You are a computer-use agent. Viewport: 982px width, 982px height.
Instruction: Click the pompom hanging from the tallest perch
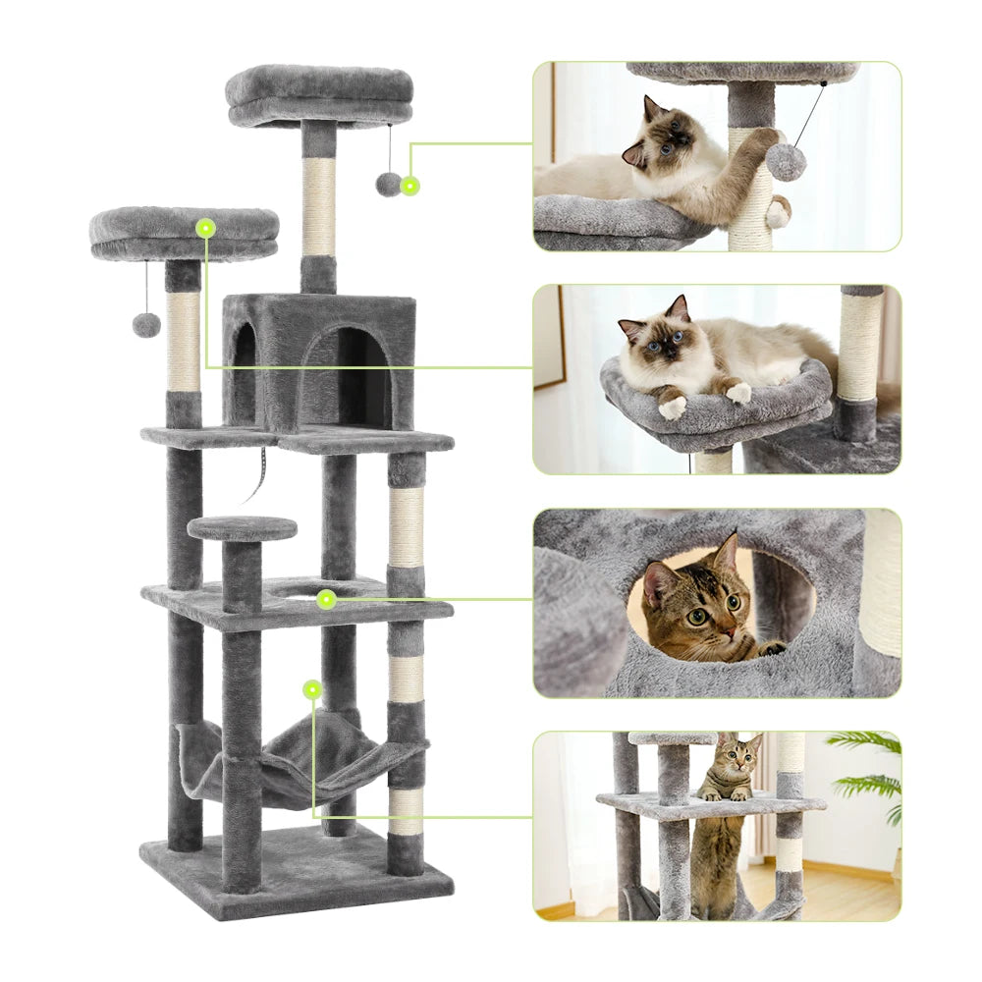pyautogui.click(x=389, y=184)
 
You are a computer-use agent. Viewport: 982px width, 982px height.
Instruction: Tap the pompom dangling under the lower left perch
pyautogui.click(x=146, y=325)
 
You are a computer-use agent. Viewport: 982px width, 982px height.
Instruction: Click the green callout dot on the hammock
pyautogui.click(x=312, y=689)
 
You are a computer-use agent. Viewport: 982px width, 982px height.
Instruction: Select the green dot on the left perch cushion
pyautogui.click(x=205, y=228)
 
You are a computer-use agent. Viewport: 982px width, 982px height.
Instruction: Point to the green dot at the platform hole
pyautogui.click(x=326, y=598)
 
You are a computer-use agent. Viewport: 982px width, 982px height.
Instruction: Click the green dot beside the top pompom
pyautogui.click(x=409, y=184)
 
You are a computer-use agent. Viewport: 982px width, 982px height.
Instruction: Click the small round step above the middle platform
pyautogui.click(x=242, y=528)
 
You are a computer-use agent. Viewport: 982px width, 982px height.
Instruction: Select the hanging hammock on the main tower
pyautogui.click(x=295, y=766)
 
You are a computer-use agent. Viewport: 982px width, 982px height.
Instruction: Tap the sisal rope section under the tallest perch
pyautogui.click(x=318, y=206)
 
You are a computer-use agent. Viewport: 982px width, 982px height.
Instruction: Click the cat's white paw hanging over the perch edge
pyautogui.click(x=672, y=406)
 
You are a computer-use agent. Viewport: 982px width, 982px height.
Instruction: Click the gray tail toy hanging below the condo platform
pyautogui.click(x=258, y=471)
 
